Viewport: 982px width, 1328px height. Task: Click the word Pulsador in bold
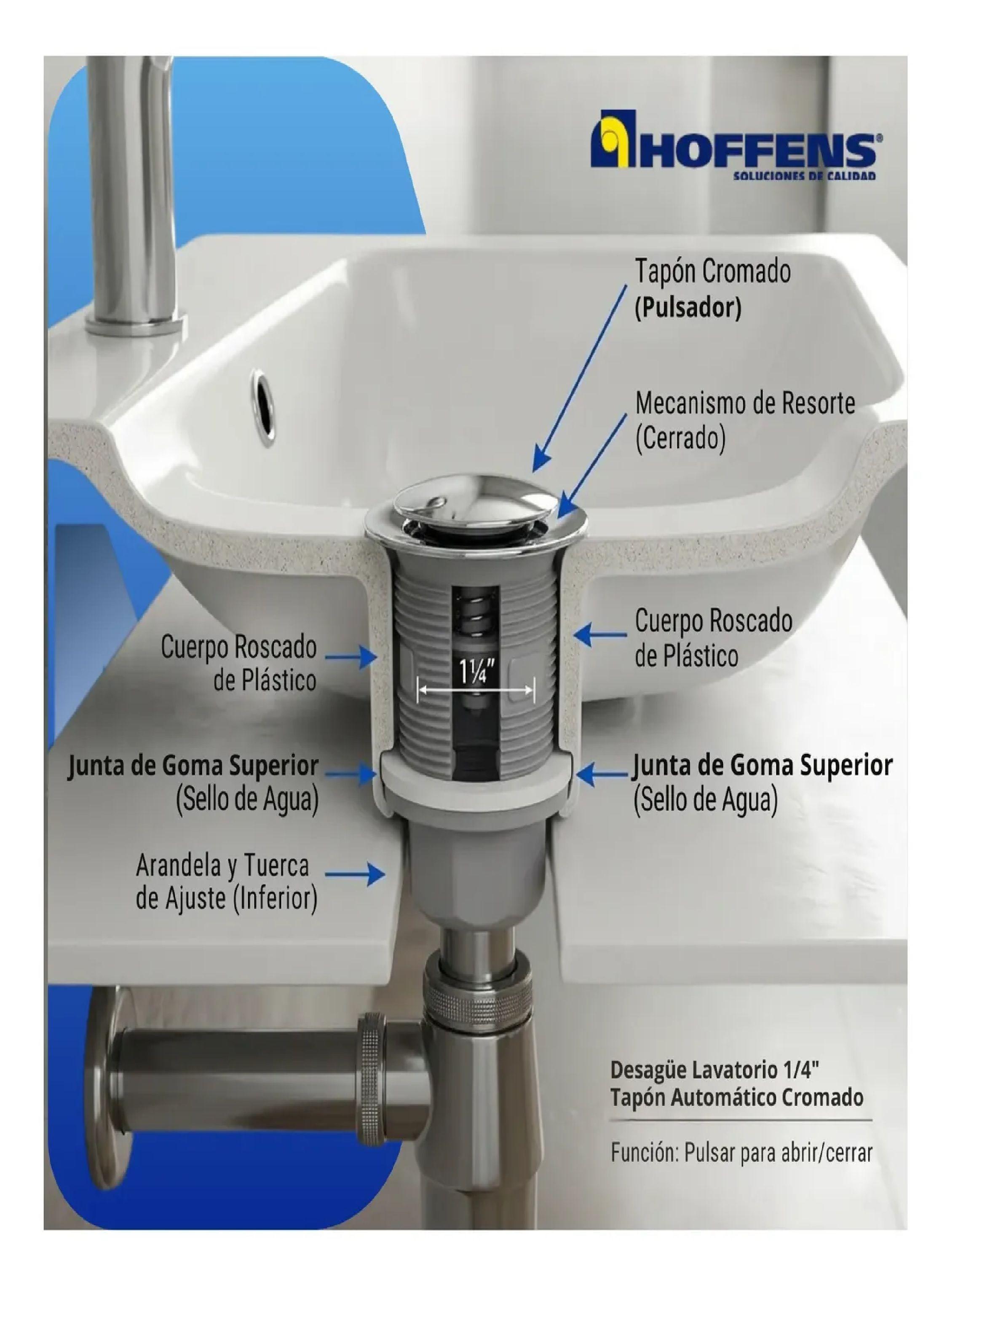click(x=688, y=308)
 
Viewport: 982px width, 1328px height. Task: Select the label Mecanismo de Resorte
click(x=745, y=404)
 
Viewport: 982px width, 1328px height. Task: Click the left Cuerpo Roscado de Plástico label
click(x=238, y=663)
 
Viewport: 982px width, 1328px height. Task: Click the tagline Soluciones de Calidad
click(x=804, y=176)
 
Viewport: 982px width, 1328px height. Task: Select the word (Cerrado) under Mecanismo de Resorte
click(x=681, y=439)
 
